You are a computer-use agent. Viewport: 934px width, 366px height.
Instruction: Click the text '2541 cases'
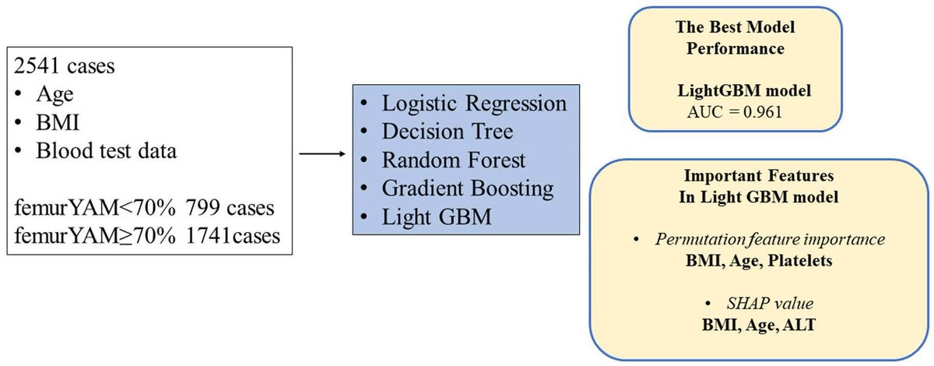[x=65, y=65]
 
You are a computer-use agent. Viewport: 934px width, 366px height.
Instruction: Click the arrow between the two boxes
[x=321, y=153]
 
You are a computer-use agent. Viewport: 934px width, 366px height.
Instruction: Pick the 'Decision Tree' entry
[x=448, y=132]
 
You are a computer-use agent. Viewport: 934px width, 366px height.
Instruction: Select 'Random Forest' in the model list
[x=454, y=160]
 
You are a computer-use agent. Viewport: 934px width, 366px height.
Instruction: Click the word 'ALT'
[x=801, y=322]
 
